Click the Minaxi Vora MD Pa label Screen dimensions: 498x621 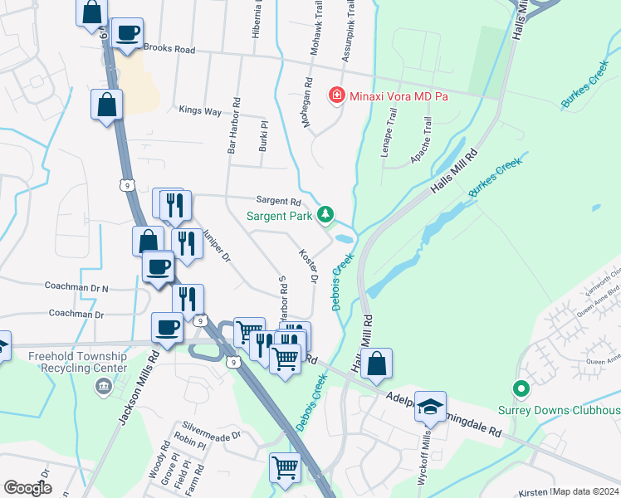[x=397, y=96]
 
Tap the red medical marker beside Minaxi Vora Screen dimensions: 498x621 [x=336, y=96]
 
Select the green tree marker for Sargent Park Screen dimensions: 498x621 [x=326, y=216]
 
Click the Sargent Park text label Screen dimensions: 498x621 [x=279, y=217]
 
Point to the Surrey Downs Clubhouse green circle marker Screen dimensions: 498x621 [x=521, y=388]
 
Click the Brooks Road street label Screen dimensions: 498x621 [x=169, y=50]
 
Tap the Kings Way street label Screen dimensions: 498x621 [x=200, y=110]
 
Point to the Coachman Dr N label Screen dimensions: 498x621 [x=77, y=287]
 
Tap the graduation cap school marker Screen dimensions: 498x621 [x=430, y=407]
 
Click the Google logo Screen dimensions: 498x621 [x=27, y=487]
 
